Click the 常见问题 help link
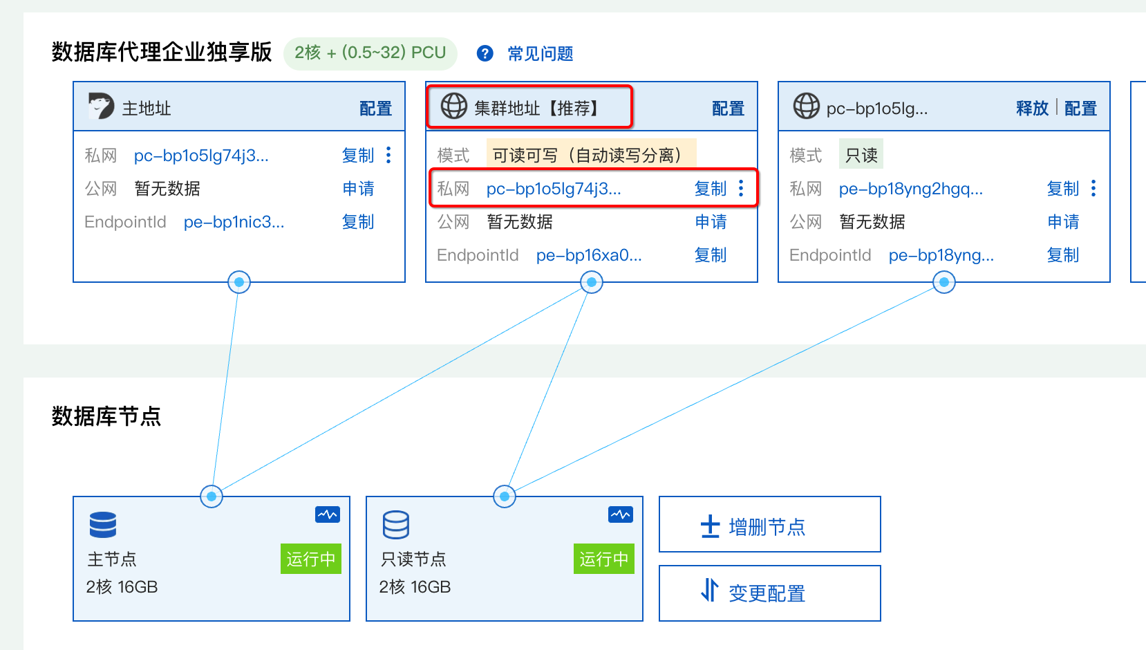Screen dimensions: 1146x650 [540, 54]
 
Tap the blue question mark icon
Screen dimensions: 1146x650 [485, 53]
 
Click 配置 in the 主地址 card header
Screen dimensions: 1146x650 [375, 109]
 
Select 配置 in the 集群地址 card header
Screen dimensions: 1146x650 [728, 109]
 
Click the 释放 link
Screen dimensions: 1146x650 [1032, 109]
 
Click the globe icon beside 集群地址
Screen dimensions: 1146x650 [454, 106]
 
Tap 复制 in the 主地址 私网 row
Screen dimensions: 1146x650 [358, 156]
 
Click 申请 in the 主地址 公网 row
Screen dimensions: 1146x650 [358, 189]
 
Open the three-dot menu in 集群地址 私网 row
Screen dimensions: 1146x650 [741, 188]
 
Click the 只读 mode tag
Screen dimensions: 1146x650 [861, 155]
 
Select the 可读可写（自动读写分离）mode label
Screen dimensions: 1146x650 [590, 155]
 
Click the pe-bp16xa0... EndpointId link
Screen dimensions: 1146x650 [589, 255]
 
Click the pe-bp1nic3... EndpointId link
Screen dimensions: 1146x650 [234, 222]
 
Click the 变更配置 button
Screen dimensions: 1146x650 [769, 593]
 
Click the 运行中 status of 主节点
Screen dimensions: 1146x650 [310, 559]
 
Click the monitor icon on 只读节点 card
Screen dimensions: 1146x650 [620, 514]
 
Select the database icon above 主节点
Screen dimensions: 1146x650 [103, 525]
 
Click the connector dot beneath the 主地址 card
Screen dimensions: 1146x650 [239, 282]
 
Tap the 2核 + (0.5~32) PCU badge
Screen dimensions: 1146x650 [370, 53]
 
